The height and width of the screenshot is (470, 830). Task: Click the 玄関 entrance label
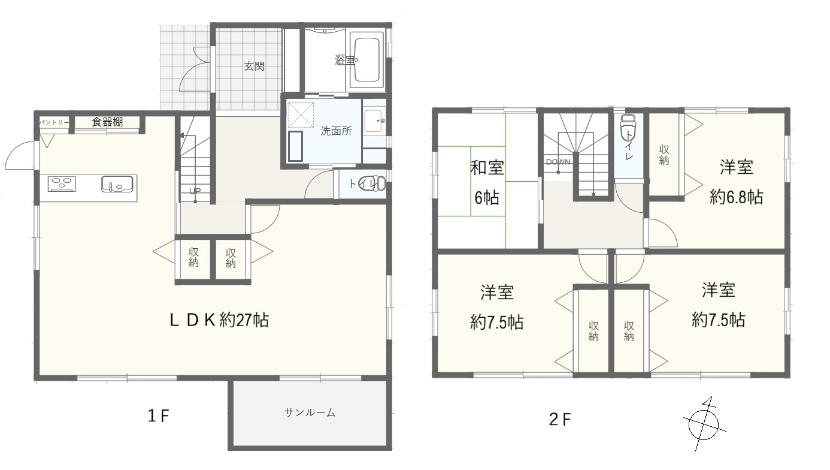254,67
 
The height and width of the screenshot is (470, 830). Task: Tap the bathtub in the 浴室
366,61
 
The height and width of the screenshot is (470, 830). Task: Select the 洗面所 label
336,131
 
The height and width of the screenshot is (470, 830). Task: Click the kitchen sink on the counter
117,184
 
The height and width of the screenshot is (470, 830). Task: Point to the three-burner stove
62,184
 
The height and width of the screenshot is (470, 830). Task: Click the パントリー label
54,122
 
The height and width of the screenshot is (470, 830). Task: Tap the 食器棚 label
107,122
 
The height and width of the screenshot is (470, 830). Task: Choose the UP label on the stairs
195,191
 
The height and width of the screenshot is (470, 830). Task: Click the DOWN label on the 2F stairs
558,162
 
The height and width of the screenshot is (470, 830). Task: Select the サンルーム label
310,413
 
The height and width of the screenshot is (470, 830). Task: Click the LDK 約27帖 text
219,320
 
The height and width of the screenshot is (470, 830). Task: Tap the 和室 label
487,168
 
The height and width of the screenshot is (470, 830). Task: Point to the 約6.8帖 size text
736,197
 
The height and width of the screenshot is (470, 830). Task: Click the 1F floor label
159,416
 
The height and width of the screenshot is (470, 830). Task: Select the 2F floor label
560,420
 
